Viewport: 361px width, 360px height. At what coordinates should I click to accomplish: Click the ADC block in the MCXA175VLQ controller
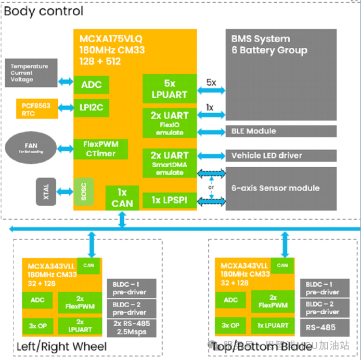pyautogui.click(x=92, y=85)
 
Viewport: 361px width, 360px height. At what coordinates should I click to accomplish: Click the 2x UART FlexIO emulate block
pyautogui.click(x=169, y=123)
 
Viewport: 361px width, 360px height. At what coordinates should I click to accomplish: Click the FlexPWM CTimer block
pyautogui.click(x=101, y=149)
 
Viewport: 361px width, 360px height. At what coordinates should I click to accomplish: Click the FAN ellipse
pyautogui.click(x=32, y=148)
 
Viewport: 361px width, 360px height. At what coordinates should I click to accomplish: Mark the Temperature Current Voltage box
pyautogui.click(x=29, y=73)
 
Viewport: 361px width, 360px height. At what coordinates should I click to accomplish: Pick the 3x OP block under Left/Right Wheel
pyautogui.click(x=37, y=325)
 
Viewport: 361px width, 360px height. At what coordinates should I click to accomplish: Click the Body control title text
pyautogui.click(x=44, y=11)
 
